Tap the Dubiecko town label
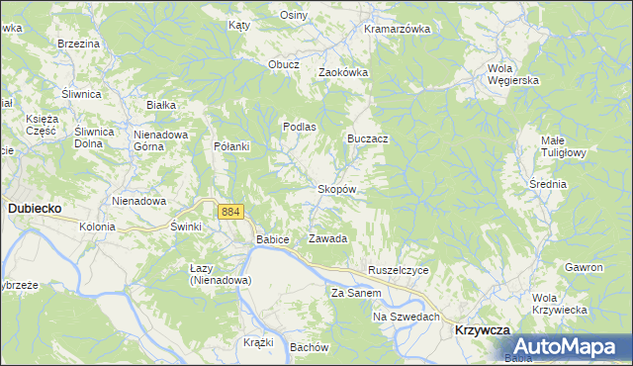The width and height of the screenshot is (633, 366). [36, 209]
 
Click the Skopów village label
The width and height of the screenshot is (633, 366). [336, 188]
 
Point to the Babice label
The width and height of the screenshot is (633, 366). [272, 239]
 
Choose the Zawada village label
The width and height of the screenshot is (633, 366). [328, 239]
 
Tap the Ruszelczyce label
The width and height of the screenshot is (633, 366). [398, 270]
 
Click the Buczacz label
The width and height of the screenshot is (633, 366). [367, 138]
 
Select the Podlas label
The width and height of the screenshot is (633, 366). [300, 127]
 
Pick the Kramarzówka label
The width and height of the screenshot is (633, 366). [397, 29]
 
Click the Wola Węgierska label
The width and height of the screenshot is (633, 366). [512, 74]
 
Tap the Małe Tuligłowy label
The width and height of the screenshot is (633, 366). [565, 146]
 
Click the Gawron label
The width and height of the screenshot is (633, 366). [584, 268]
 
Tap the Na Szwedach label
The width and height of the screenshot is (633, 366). [406, 317]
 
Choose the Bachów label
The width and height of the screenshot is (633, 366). [309, 347]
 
